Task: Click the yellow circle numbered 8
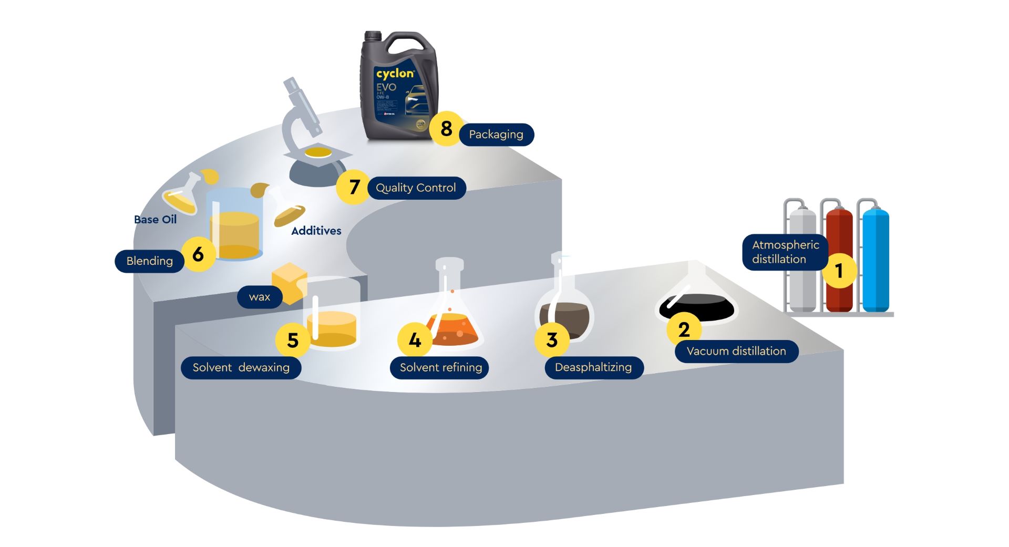point(446,128)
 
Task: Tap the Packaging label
point(496,135)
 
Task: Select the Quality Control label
point(416,188)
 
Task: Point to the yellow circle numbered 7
point(354,187)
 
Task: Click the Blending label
point(149,261)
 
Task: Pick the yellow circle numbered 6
point(198,254)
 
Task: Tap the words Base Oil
point(155,220)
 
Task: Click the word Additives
point(316,231)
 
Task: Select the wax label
point(260,297)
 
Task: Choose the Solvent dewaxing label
point(241,367)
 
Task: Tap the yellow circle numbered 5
point(293,340)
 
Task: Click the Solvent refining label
point(440,367)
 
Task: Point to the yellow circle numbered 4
point(415,340)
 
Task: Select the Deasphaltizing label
point(593,367)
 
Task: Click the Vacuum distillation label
point(736,351)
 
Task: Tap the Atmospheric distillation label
point(785,252)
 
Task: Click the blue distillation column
point(875,260)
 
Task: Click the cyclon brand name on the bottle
point(395,74)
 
